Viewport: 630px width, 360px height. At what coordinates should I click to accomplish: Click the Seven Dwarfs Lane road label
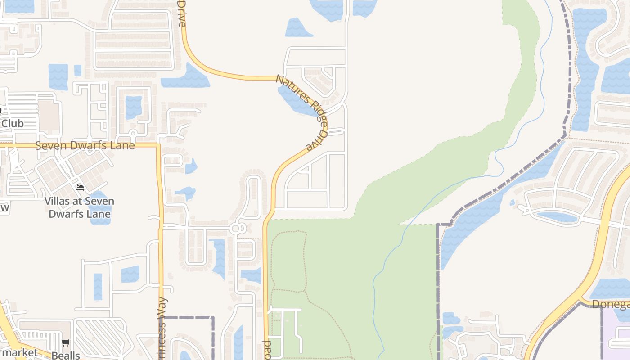point(85,146)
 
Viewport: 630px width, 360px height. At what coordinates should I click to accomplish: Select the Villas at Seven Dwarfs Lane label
point(79,207)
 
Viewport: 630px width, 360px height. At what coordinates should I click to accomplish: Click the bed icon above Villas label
point(80,187)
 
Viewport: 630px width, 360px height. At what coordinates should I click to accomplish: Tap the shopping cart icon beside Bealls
point(66,343)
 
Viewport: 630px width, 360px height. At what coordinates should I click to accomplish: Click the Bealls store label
point(66,355)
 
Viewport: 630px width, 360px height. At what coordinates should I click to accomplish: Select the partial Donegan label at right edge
point(610,305)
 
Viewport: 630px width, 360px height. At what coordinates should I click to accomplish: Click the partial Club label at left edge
point(12,123)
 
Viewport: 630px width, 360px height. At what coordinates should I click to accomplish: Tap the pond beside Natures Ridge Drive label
point(295,100)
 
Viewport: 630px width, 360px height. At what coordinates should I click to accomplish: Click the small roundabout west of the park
point(236,229)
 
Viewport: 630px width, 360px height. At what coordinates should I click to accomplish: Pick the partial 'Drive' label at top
point(182,13)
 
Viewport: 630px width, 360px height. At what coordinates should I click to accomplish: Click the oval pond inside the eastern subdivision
point(557,217)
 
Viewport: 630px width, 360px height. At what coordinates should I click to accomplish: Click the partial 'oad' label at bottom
point(267,349)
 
